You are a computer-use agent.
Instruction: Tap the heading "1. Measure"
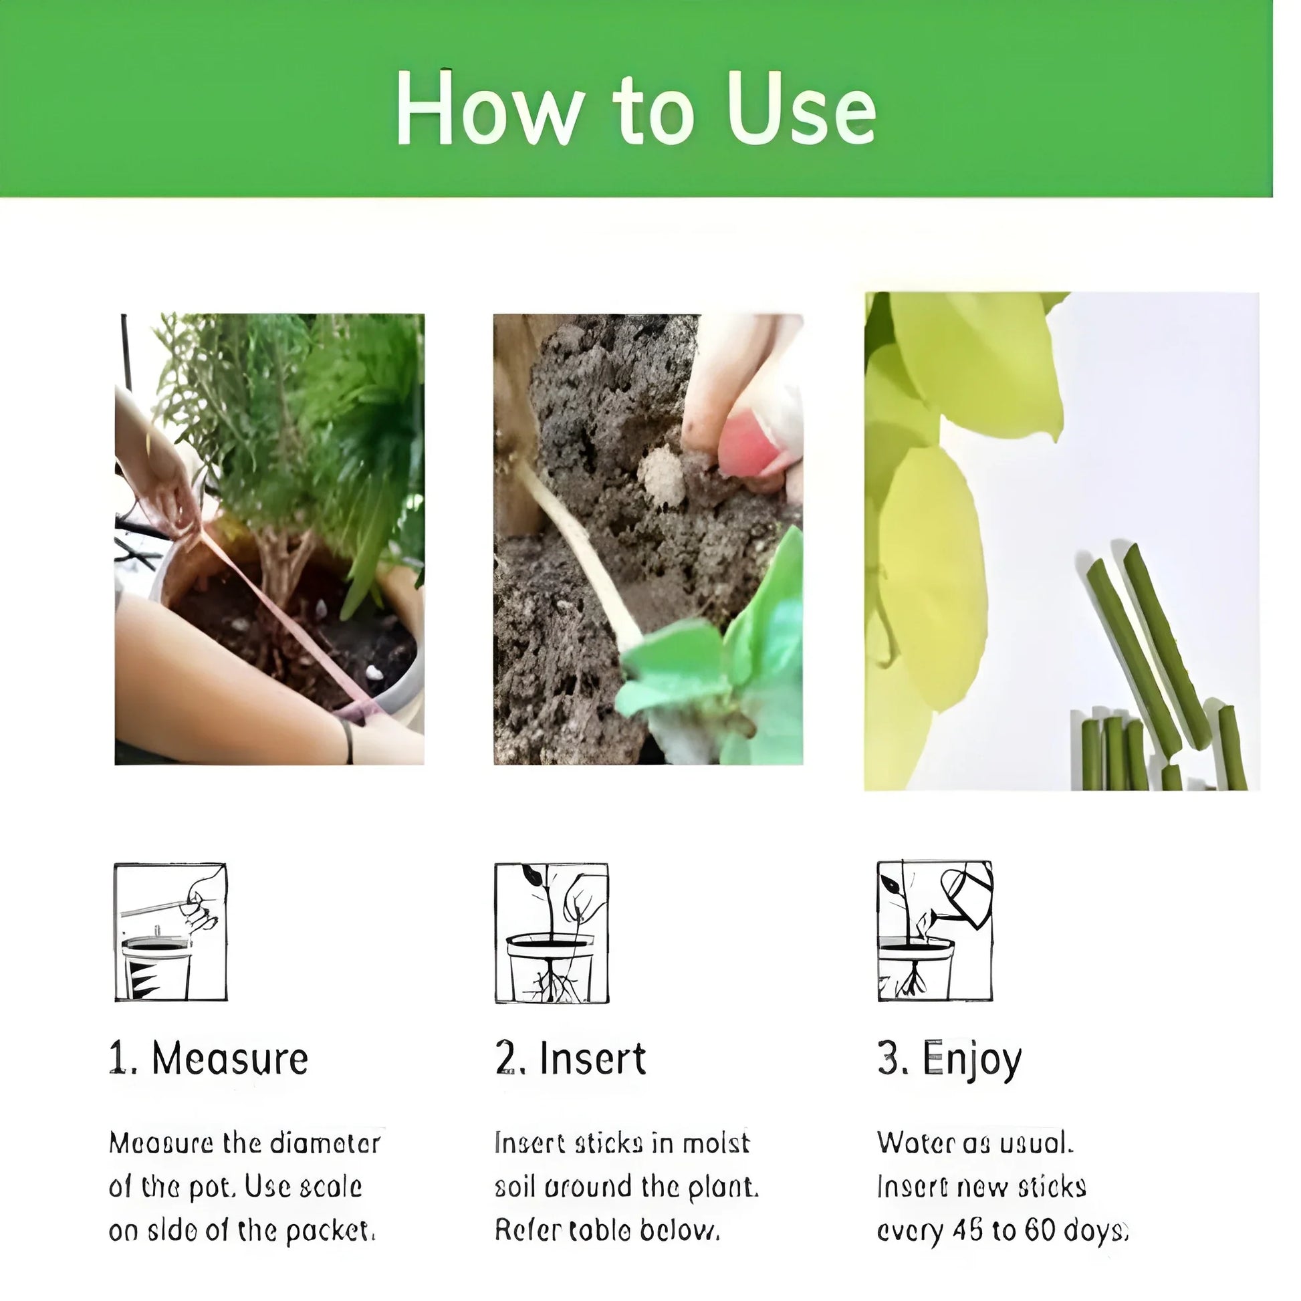pos(209,1059)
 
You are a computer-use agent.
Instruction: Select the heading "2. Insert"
pos(570,1059)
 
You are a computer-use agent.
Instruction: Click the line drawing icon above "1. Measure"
pos(170,932)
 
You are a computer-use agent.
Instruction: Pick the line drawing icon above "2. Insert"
pos(552,933)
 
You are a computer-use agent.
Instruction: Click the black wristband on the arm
pos(348,741)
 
